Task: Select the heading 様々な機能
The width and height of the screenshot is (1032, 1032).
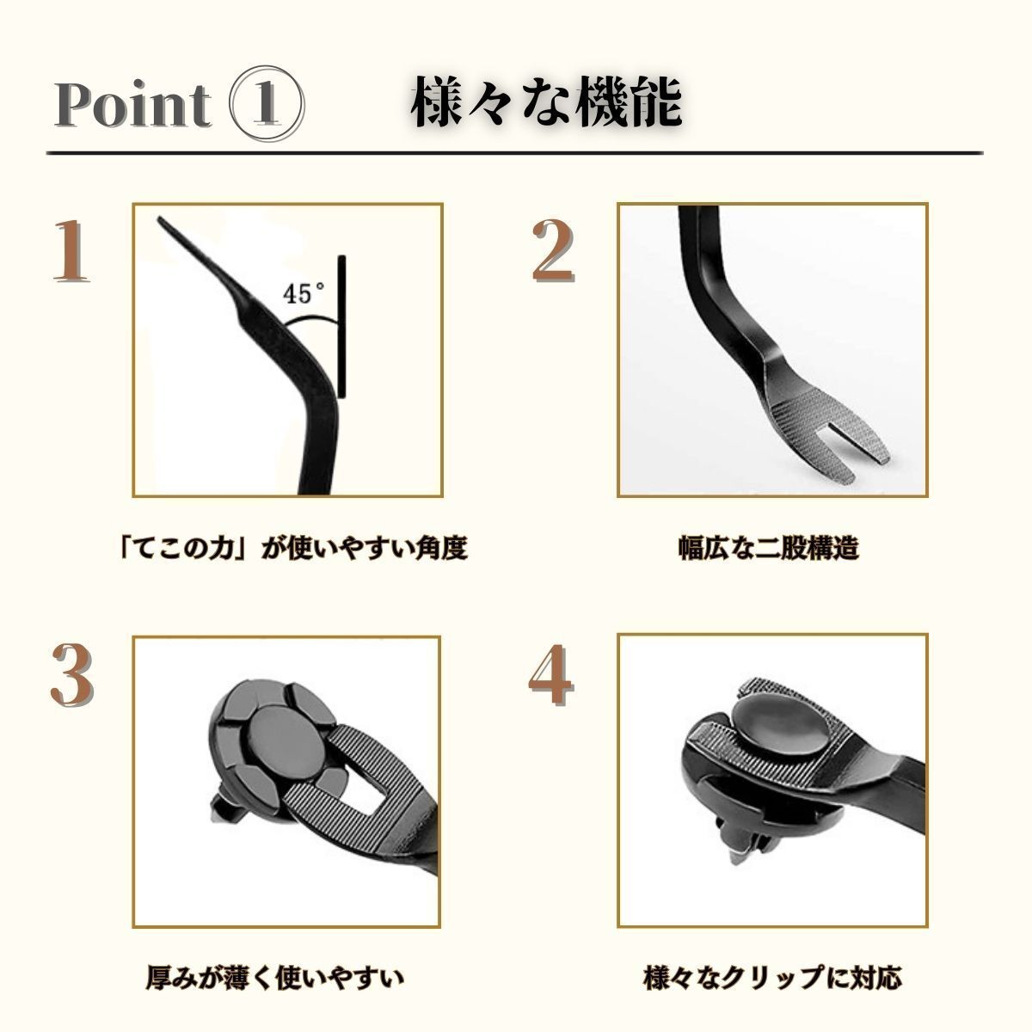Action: coord(547,102)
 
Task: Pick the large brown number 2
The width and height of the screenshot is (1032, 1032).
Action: coord(552,251)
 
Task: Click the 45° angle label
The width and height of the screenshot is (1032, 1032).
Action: coord(304,293)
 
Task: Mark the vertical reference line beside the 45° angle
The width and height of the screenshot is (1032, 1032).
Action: coord(341,327)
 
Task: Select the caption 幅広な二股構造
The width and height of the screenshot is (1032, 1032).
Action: coord(768,548)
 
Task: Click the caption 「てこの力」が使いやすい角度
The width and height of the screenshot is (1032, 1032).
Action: coord(293,548)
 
